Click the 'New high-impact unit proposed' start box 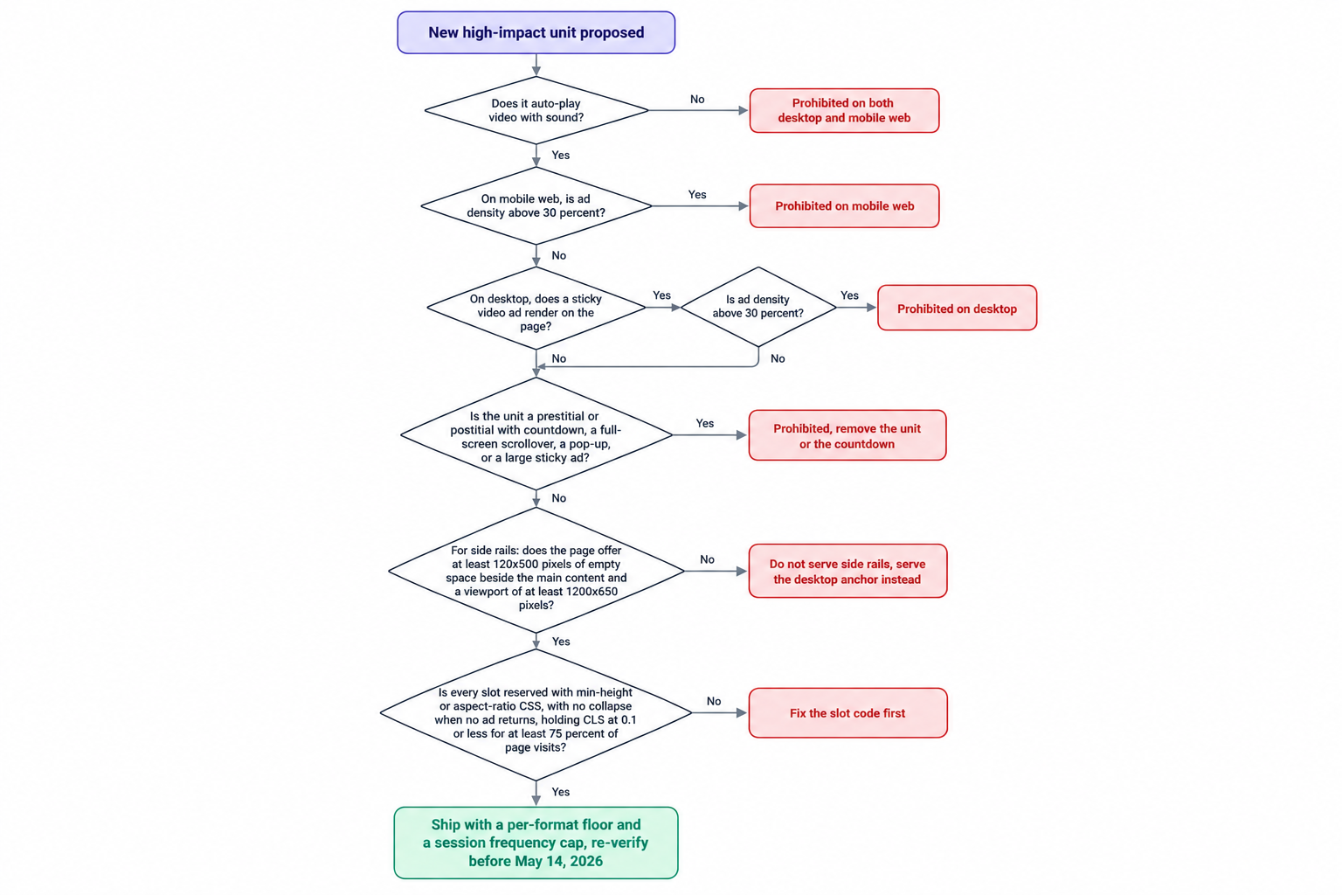click(x=536, y=32)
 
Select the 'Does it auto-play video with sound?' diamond click(x=536, y=110)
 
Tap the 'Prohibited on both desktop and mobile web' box click(x=844, y=110)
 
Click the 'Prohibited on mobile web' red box click(x=844, y=206)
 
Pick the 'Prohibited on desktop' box click(x=957, y=309)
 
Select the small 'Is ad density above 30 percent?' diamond click(x=758, y=307)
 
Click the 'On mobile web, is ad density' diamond click(x=536, y=205)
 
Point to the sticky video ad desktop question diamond click(x=536, y=309)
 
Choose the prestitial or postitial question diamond click(x=536, y=434)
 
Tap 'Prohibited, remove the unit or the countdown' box click(x=847, y=436)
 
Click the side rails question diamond click(x=536, y=571)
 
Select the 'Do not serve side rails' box click(x=847, y=572)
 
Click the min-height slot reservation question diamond click(x=536, y=713)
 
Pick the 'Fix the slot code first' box click(x=847, y=712)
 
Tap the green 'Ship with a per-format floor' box click(x=536, y=843)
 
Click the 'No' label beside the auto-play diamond click(x=697, y=100)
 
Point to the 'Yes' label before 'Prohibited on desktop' click(x=849, y=295)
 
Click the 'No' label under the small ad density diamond click(x=778, y=358)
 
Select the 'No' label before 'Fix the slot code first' click(x=714, y=701)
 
